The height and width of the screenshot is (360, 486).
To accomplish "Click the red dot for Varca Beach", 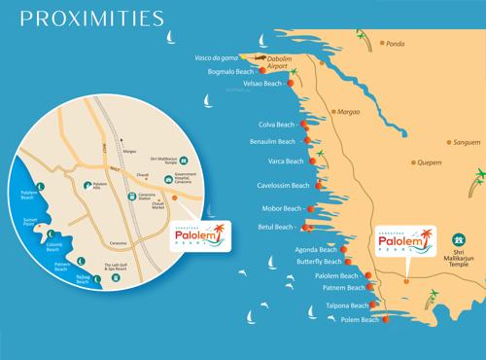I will pyautogui.click(x=312, y=162).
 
